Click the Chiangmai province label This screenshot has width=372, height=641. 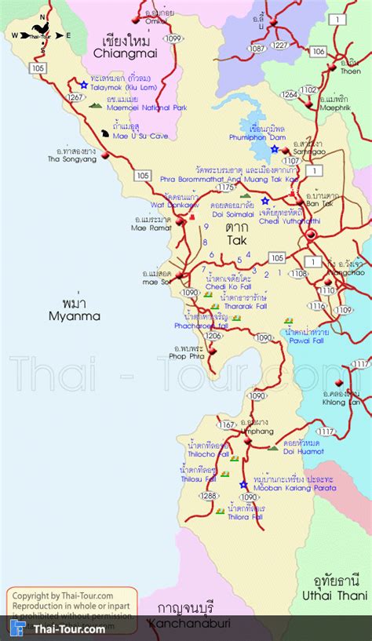126,54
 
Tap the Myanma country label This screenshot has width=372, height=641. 74,316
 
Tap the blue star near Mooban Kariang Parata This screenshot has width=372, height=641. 243,484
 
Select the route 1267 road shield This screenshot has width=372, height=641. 76,98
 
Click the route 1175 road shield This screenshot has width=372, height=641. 226,188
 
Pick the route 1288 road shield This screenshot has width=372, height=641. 208,496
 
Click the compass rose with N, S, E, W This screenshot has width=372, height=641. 38,33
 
